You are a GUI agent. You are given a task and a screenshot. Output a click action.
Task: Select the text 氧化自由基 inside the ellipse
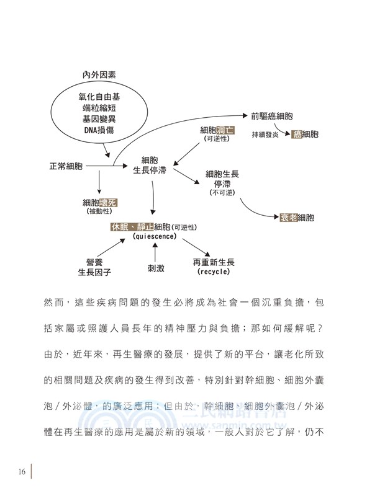click(99, 97)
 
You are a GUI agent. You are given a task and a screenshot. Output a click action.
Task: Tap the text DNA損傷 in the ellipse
click(99, 130)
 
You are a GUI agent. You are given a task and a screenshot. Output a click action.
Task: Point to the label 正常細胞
click(66, 167)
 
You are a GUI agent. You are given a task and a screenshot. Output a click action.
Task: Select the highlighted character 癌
click(297, 134)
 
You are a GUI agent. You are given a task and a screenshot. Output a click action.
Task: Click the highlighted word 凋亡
click(225, 130)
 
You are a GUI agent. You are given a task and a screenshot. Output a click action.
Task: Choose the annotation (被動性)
click(99, 212)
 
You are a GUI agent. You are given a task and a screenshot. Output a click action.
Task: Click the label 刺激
click(155, 270)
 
